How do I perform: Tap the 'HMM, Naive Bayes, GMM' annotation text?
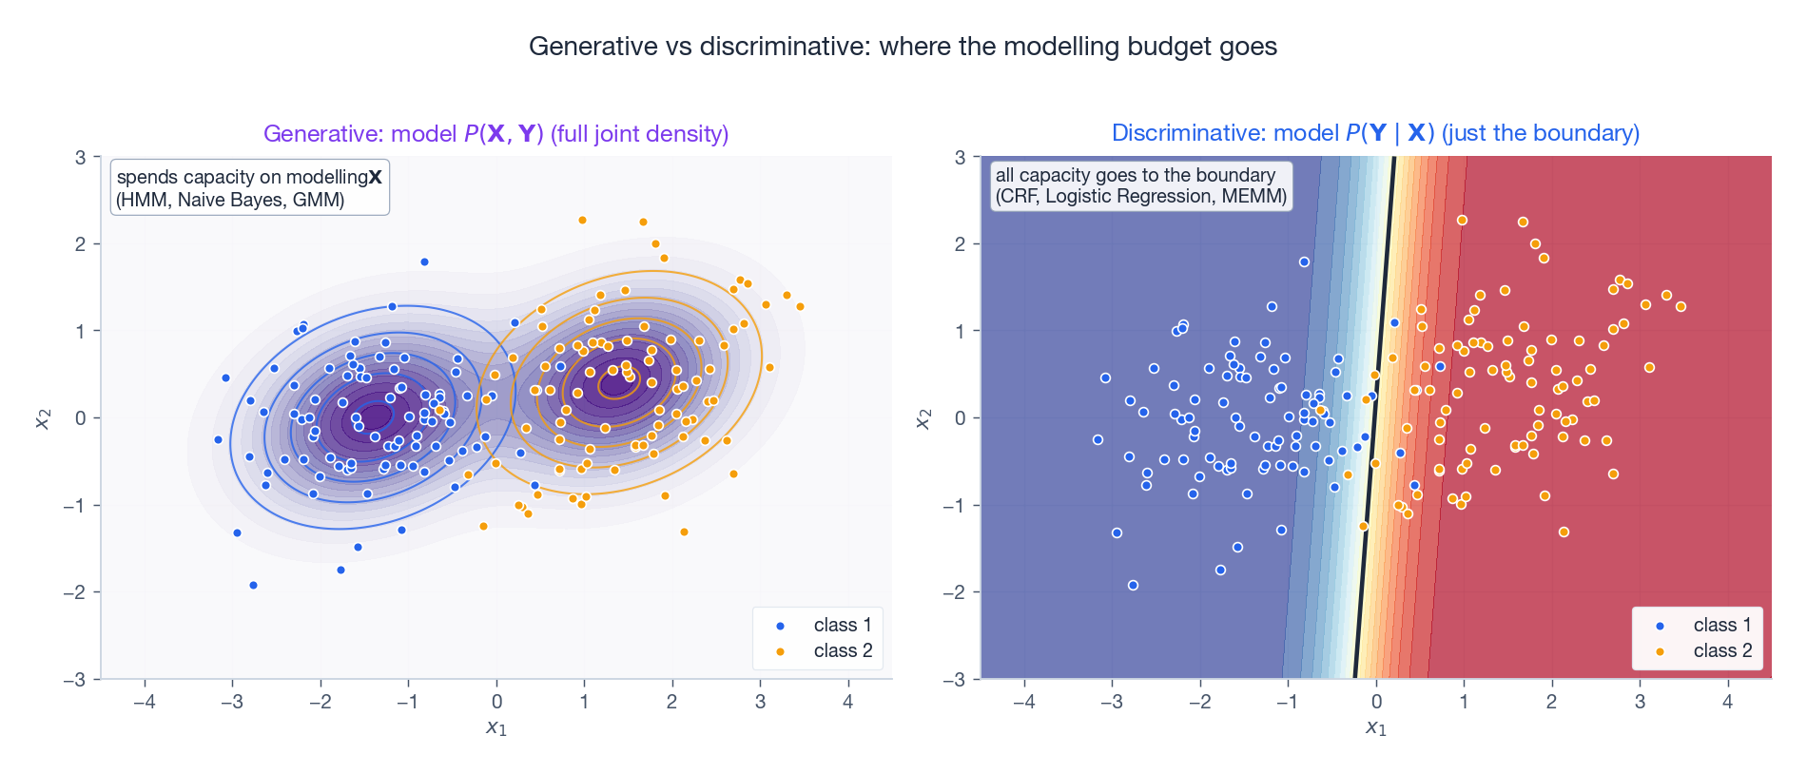pyautogui.click(x=231, y=200)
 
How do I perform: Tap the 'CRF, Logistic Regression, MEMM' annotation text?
pyautogui.click(x=1141, y=196)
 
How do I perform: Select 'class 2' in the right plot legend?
pyautogui.click(x=1721, y=650)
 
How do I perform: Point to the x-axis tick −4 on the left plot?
pyautogui.click(x=145, y=702)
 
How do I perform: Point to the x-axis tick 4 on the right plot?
pyautogui.click(x=1727, y=702)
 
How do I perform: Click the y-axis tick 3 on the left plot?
pyautogui.click(x=82, y=157)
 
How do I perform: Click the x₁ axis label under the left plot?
pyautogui.click(x=496, y=728)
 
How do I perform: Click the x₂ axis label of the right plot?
pyautogui.click(x=923, y=418)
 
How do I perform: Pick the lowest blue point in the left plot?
pyautogui.click(x=253, y=585)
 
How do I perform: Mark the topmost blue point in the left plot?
pyautogui.click(x=424, y=261)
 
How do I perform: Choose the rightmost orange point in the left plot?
pyautogui.click(x=800, y=306)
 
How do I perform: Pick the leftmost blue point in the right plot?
pyautogui.click(x=1098, y=439)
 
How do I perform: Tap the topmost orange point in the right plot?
pyautogui.click(x=1462, y=220)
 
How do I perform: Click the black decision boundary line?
pyautogui.click(x=1374, y=418)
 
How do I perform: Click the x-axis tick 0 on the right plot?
pyautogui.click(x=1376, y=702)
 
